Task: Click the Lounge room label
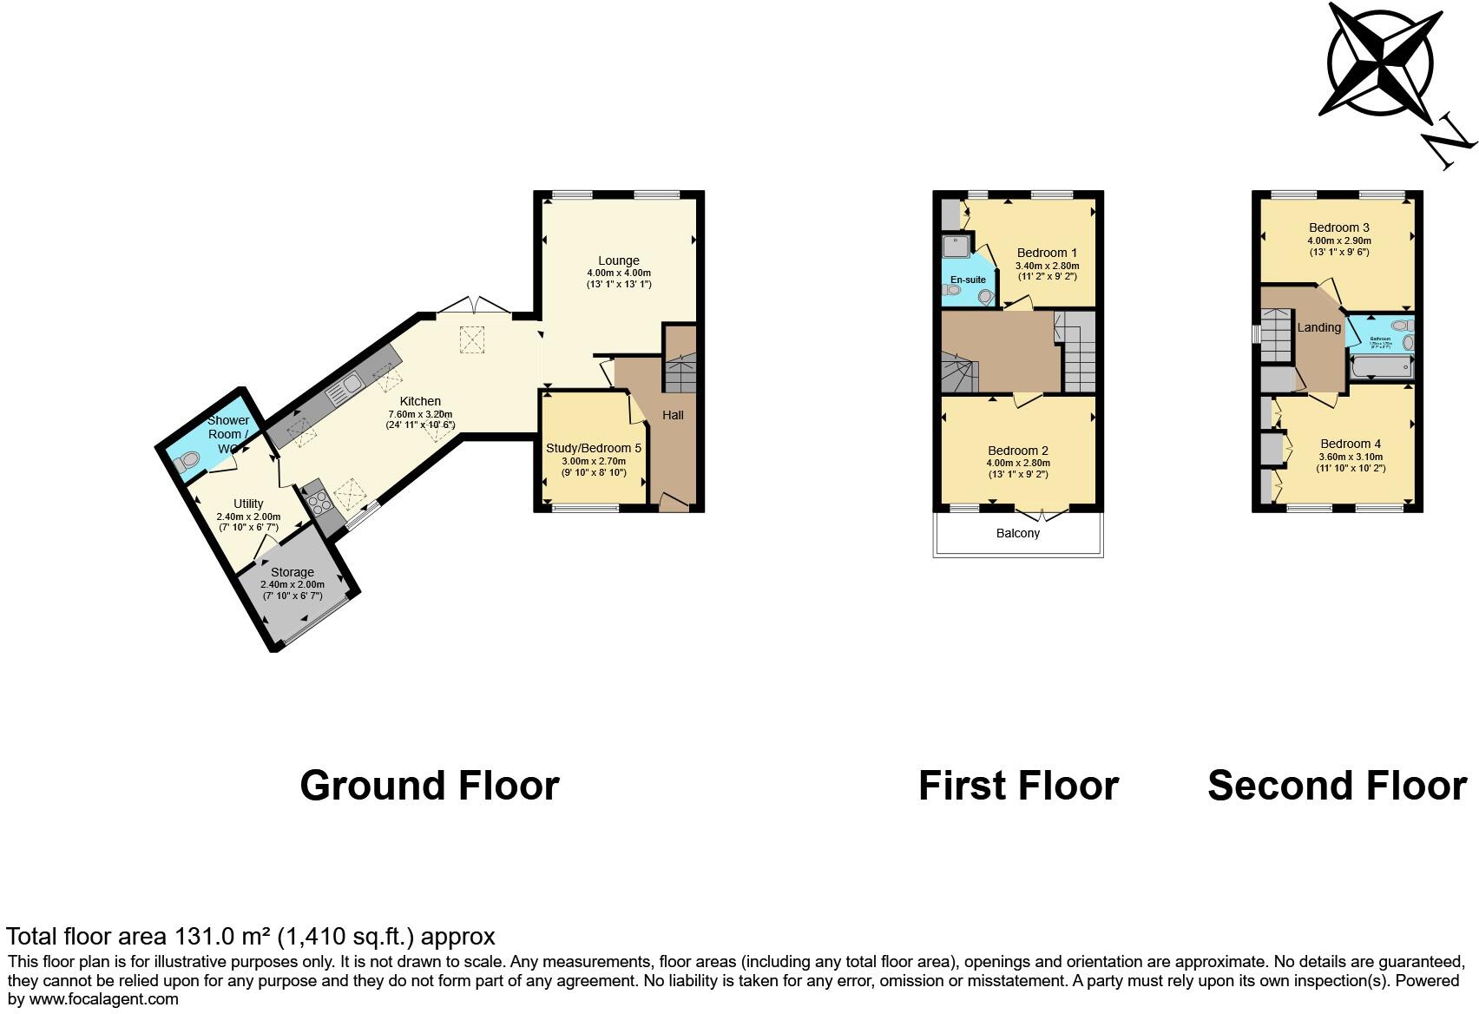[x=618, y=260]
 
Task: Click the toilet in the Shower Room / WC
[x=185, y=464]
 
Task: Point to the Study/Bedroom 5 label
[x=593, y=448]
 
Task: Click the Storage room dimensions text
[x=292, y=590]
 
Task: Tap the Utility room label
[x=248, y=504]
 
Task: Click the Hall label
[x=673, y=415]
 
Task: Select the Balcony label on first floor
[x=1017, y=533]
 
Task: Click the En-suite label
[x=967, y=280]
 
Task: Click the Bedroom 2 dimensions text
[x=1017, y=469]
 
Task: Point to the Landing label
[x=1318, y=327]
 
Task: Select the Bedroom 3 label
[x=1338, y=227]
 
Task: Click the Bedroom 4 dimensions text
[x=1351, y=462]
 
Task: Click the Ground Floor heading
[x=429, y=786]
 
